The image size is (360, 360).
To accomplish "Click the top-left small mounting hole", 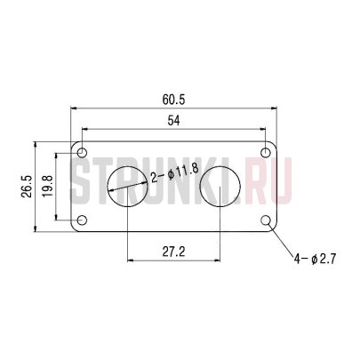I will (x=82, y=149).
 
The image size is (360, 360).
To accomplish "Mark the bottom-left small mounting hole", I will (x=82, y=220).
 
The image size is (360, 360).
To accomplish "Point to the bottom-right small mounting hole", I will (x=266, y=220).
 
